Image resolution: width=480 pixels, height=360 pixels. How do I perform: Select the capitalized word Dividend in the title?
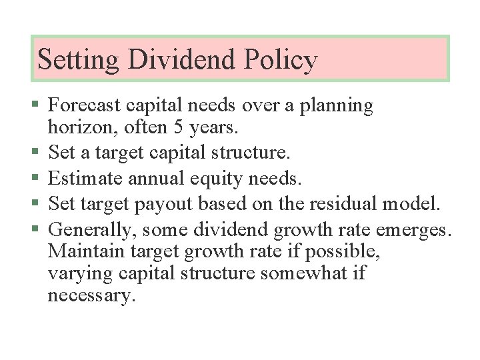tap(182, 59)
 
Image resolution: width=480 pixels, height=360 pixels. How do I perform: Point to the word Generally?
tap(85, 229)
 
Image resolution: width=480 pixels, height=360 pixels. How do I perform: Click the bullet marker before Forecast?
tap(35, 105)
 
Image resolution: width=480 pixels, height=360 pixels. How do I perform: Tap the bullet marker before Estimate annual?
tap(35, 179)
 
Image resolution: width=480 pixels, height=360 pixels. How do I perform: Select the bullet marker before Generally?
tap(35, 229)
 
